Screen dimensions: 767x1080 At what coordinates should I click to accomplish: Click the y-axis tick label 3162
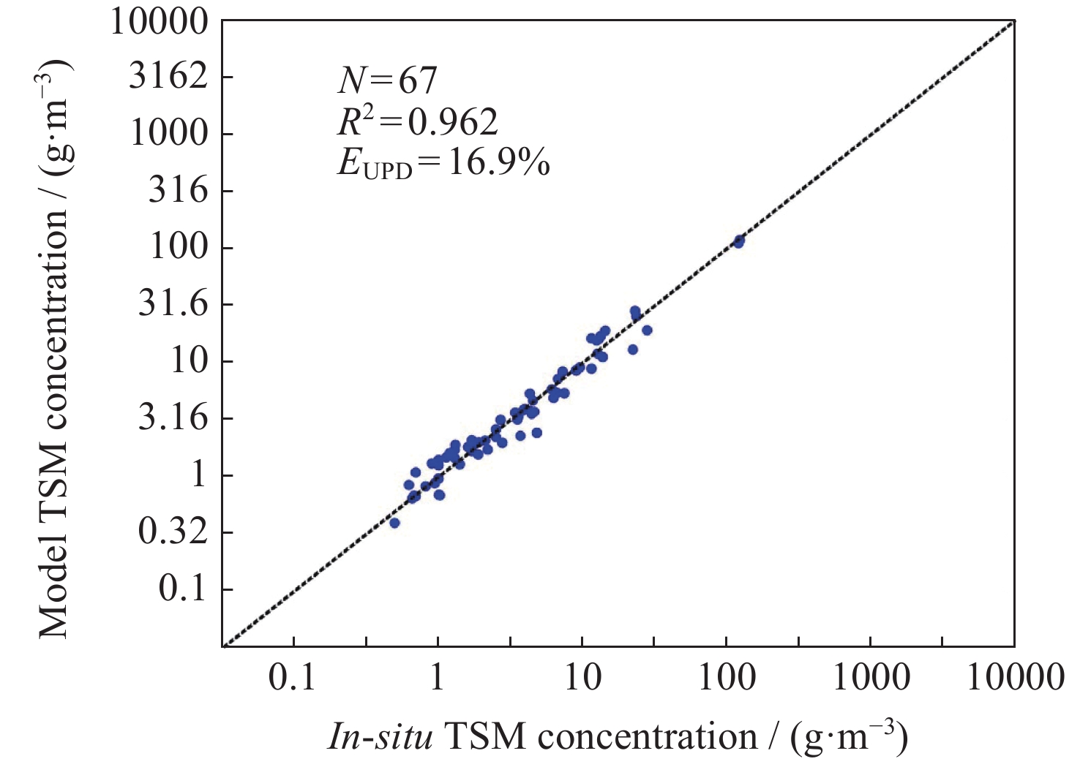point(168,77)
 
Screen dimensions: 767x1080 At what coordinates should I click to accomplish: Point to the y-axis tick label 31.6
point(173,304)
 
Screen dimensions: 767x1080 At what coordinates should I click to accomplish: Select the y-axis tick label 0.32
point(173,532)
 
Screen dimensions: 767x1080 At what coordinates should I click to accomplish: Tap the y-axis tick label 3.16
point(173,418)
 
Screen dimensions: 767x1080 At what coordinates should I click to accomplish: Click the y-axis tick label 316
point(178,191)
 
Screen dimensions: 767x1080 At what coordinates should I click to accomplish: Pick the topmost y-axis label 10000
point(159,21)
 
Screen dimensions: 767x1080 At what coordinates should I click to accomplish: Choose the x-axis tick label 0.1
point(292,678)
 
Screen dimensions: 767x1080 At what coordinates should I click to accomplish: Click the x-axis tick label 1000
point(871,678)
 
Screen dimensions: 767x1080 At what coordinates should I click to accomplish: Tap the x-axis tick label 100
point(727,678)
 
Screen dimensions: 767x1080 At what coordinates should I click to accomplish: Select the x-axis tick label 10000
point(1015,678)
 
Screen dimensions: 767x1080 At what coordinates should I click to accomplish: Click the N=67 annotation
point(387,80)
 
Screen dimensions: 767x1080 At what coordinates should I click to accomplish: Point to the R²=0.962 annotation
point(417,121)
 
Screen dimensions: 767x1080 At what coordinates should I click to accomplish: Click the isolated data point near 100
point(738,241)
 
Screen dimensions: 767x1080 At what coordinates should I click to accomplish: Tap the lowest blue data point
point(394,523)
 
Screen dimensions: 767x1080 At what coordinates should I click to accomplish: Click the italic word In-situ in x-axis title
point(380,737)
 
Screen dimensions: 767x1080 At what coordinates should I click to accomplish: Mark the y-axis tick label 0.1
point(183,589)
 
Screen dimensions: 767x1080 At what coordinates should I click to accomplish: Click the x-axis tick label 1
point(437,678)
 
